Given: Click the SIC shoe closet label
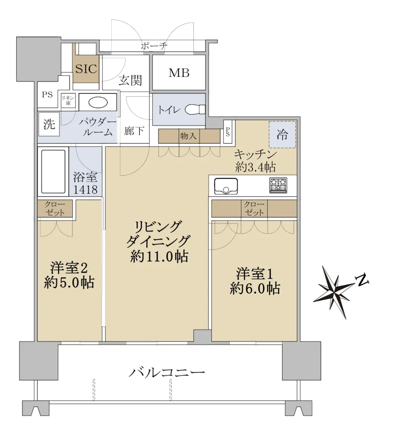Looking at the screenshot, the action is (86, 69).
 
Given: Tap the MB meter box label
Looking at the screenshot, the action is (179, 73).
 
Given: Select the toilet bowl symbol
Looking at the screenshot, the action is (195, 109).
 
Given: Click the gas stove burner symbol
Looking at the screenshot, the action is (279, 186).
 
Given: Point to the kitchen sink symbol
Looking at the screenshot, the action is (226, 186).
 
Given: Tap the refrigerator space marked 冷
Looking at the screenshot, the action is (282, 135).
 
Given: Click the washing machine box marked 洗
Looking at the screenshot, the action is (49, 124).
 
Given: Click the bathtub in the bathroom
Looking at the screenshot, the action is (53, 171).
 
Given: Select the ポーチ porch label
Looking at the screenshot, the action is (154, 46).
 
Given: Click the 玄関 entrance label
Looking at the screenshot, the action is (130, 80).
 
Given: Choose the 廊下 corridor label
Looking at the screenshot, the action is (134, 131).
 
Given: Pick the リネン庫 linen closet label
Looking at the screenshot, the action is (68, 101).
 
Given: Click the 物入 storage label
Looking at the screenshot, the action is (189, 136).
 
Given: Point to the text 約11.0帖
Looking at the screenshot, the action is (159, 257).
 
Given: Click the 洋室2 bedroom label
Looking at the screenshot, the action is (69, 268).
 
